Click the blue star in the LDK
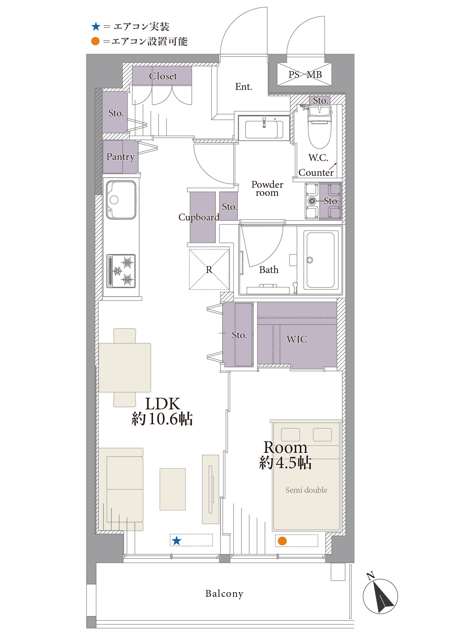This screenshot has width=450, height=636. pos(177,541)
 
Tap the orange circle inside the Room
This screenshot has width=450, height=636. pos(282,541)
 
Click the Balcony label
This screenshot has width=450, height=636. pos(224,594)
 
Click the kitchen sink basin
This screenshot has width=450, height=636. pos(121,200)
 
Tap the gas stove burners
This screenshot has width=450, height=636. pos(121,271)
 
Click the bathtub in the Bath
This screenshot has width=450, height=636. pos(321,260)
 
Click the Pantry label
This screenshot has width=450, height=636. pos(120,157)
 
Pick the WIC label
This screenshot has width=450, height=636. pos(297,339)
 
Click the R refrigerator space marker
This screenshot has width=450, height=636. pos(209,269)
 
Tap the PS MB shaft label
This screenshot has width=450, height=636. pos(305,75)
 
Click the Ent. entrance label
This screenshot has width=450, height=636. pos(243,87)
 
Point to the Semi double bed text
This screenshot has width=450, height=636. pos(306,490)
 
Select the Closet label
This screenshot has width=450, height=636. pos(163,76)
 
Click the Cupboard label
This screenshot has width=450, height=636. pos(199,217)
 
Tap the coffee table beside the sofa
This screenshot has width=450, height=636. pos(173,489)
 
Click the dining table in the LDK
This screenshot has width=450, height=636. pos(125,368)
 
